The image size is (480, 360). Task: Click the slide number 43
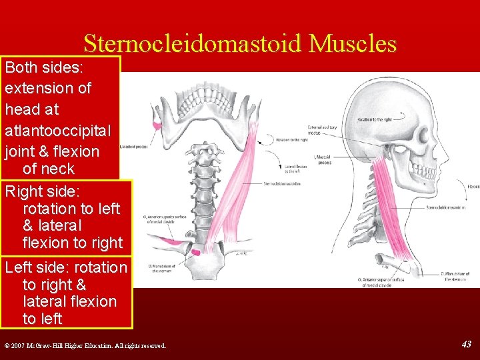466,344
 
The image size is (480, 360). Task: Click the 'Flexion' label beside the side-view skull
473,187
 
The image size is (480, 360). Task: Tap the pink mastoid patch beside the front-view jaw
157,125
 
